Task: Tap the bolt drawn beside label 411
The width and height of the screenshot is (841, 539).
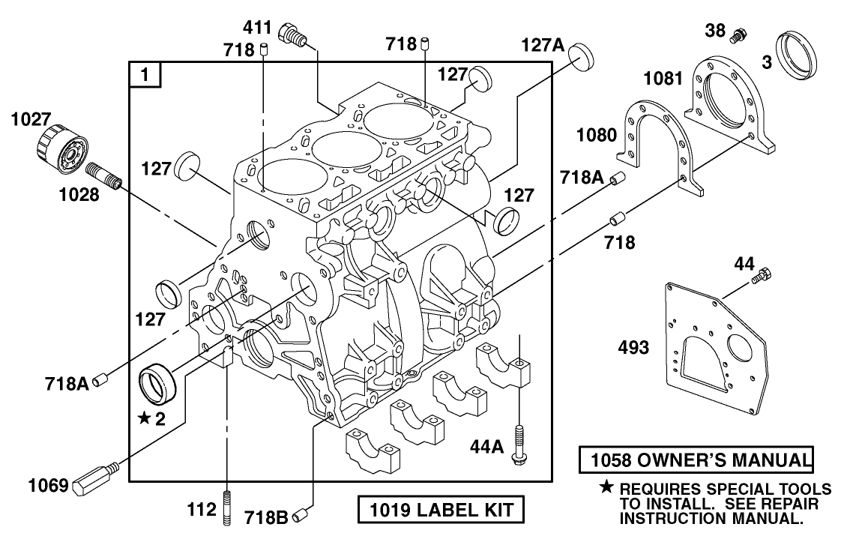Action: point(292,34)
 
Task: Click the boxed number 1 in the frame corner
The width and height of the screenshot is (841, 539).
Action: point(145,75)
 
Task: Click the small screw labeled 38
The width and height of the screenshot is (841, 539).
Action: point(741,34)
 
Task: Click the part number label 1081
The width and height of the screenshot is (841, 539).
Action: point(664,78)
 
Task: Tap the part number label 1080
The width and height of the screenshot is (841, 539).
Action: point(597,136)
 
